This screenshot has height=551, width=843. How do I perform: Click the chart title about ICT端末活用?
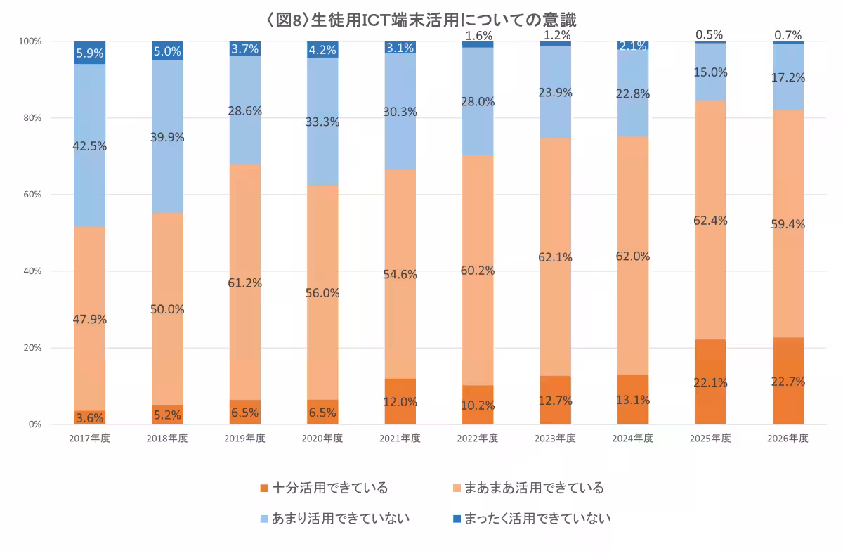pyautogui.click(x=421, y=18)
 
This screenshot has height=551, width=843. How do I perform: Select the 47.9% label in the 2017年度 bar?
pyautogui.click(x=89, y=318)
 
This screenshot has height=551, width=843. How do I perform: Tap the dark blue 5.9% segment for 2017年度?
pyautogui.click(x=89, y=53)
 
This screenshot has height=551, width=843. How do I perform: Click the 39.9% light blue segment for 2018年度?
pyautogui.click(x=167, y=137)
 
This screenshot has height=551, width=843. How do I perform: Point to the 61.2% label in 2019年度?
pyautogui.click(x=244, y=283)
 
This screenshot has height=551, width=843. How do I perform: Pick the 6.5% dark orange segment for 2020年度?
pyautogui.click(x=322, y=412)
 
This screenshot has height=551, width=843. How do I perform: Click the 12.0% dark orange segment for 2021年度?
pyautogui.click(x=400, y=402)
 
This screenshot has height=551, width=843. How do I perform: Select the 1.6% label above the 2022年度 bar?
pyautogui.click(x=478, y=34)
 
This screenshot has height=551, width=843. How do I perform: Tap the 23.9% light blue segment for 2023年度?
pyautogui.click(x=555, y=92)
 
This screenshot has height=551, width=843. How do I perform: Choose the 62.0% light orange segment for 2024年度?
pyautogui.click(x=633, y=256)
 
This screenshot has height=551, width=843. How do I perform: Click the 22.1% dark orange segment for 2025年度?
pyautogui.click(x=710, y=382)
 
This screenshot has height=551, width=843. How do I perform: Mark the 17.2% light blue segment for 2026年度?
pyautogui.click(x=788, y=77)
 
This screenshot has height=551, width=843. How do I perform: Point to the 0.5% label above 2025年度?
pyautogui.click(x=710, y=34)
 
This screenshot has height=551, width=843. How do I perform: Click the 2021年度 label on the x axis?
pyautogui.click(x=400, y=438)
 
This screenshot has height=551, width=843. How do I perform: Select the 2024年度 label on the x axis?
pyautogui.click(x=633, y=438)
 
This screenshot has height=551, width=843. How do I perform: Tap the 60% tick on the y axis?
pyautogui.click(x=32, y=195)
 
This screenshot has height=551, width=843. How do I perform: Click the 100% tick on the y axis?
pyautogui.click(x=30, y=41)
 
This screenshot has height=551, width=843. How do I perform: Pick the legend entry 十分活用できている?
pyautogui.click(x=323, y=488)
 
